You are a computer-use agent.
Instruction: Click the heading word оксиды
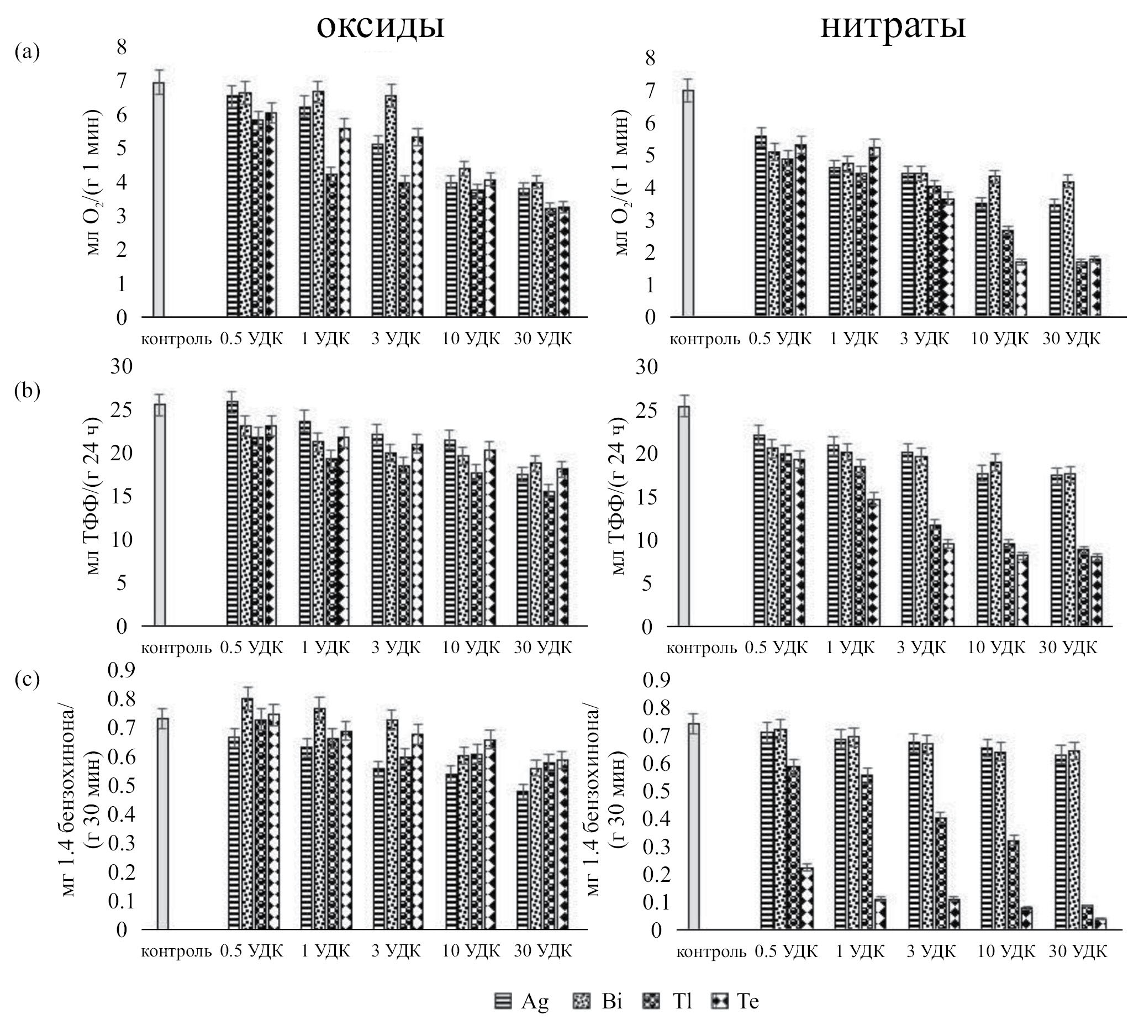coord(381,26)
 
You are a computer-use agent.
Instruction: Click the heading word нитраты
coord(893,26)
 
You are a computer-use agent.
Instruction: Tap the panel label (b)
coord(28,390)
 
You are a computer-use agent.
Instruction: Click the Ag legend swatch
coord(503,1001)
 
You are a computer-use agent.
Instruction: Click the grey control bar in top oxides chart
coord(159,199)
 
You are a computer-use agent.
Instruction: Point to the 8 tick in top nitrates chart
coord(650,57)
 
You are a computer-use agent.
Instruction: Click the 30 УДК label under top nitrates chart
coord(1071,339)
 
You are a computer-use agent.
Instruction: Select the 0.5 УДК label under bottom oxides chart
coord(251,951)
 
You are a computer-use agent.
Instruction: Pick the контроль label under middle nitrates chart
coord(702,648)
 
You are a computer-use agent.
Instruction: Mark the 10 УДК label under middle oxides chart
coord(471,648)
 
